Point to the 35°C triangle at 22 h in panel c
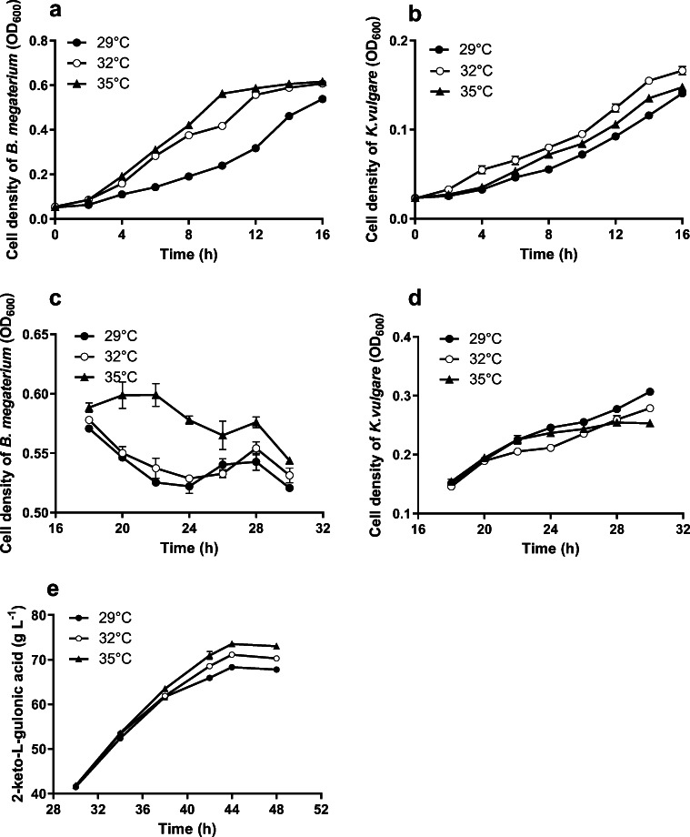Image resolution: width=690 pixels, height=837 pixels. pyautogui.click(x=156, y=396)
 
